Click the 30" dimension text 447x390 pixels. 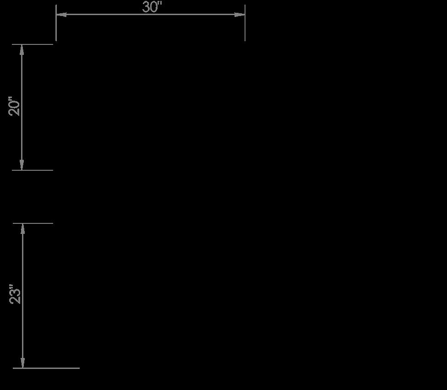pos(152,7)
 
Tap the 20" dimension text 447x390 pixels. pos(15,106)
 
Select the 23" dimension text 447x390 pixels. pos(16,295)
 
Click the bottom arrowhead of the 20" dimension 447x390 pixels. pos(22,165)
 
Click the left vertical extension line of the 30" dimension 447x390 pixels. pos(56,27)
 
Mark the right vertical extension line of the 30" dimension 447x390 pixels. pos(245,27)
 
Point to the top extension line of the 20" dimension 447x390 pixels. pos(37,44)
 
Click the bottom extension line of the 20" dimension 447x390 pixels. pos(37,170)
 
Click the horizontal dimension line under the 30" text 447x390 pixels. pos(114,15)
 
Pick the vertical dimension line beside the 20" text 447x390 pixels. pos(22,137)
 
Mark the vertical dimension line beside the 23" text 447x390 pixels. pos(22,330)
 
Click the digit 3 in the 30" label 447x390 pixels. pos(146,7)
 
